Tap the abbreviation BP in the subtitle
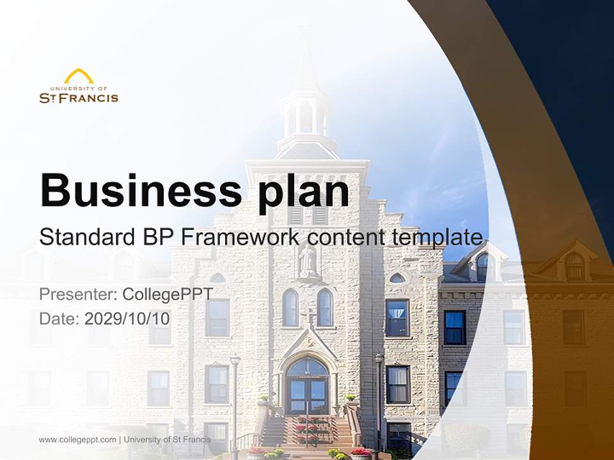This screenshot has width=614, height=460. (x=155, y=237)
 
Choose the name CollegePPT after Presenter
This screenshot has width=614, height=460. (x=167, y=295)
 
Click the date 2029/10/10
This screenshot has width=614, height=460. (x=127, y=319)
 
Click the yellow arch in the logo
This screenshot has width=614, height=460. (x=79, y=77)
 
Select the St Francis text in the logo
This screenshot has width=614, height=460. (x=79, y=98)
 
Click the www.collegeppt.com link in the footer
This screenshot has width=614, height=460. (x=77, y=440)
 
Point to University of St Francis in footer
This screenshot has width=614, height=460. (x=167, y=440)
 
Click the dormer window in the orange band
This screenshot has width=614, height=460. (x=574, y=266)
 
